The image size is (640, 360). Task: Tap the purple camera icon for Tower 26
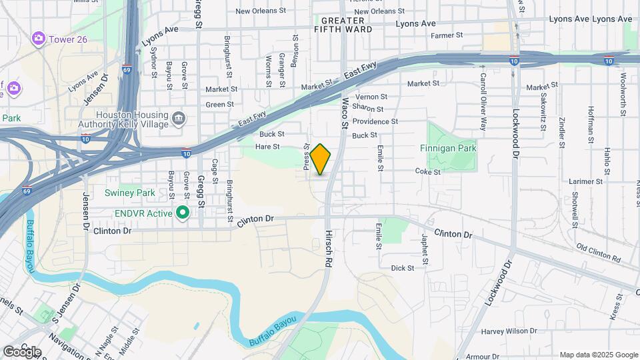click(38, 39)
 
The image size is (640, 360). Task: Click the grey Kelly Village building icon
click(179, 119)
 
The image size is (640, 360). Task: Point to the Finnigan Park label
click(449, 148)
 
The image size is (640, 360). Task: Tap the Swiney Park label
click(129, 193)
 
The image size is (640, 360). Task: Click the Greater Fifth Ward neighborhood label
click(343, 25)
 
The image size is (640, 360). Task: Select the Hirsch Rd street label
click(329, 249)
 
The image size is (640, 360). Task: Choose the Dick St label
click(403, 268)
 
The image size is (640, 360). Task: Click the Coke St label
click(428, 171)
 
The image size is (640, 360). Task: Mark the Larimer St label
click(586, 181)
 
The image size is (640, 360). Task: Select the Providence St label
click(375, 121)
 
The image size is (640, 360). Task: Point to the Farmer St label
click(447, 35)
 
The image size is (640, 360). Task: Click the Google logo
click(22, 351)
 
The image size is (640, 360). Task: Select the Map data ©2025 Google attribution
click(598, 355)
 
